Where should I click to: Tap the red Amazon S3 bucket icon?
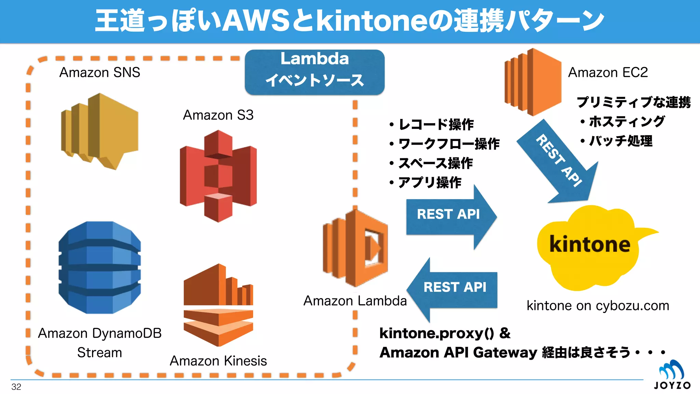pyautogui.click(x=218, y=176)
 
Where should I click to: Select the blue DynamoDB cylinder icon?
pyautogui.click(x=99, y=267)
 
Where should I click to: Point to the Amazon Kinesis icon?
pyautogui.click(x=218, y=304)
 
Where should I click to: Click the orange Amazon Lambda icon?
pyautogui.click(x=355, y=248)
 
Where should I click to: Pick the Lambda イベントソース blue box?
pyautogui.click(x=314, y=72)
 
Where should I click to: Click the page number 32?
pyautogui.click(x=16, y=387)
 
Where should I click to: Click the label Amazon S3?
pyautogui.click(x=218, y=115)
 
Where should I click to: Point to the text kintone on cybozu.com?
pyautogui.click(x=597, y=305)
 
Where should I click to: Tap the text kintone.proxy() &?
pyautogui.click(x=444, y=333)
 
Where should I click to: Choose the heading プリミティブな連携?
pyautogui.click(x=633, y=102)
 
